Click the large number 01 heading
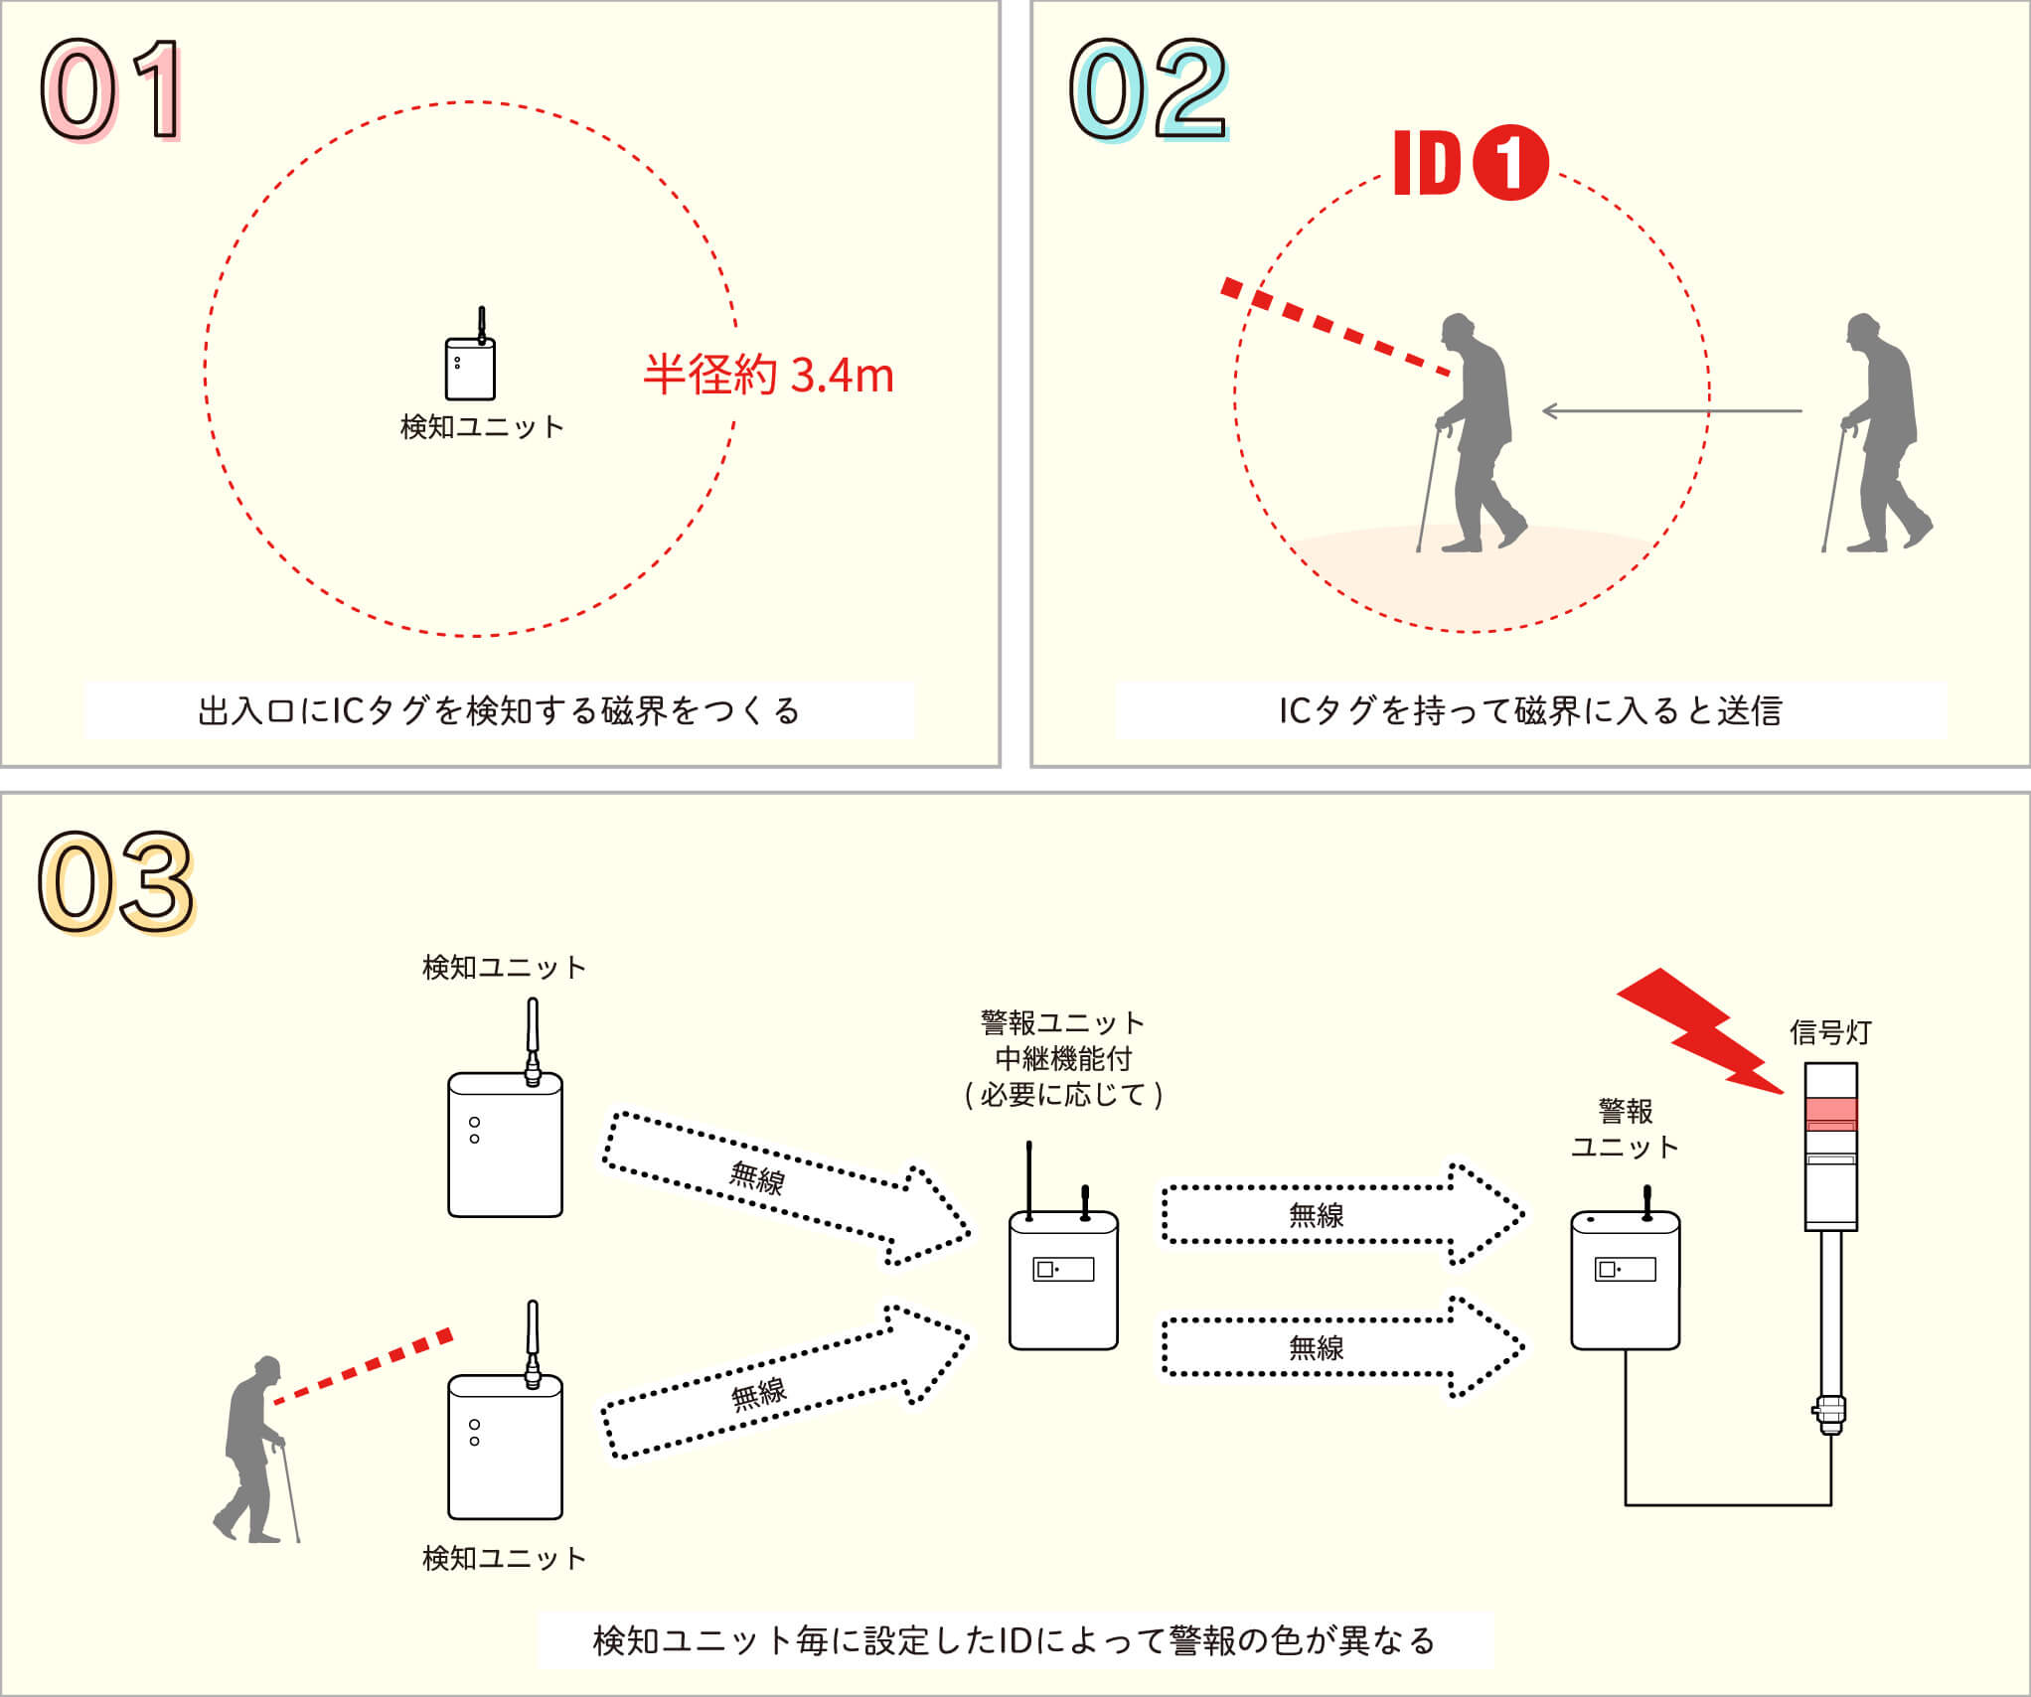[x=111, y=89]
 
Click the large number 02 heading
[x=1149, y=89]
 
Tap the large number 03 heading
[x=116, y=882]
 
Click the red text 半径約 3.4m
[x=768, y=376]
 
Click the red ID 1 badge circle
[x=1509, y=163]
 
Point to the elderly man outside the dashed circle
[x=1878, y=434]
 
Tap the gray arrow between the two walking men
[x=1671, y=410]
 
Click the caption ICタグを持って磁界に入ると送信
[x=1530, y=711]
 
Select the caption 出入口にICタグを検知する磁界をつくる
[x=499, y=711]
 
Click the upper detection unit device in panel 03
[x=505, y=1143]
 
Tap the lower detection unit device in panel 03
[x=505, y=1446]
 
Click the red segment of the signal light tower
[x=1830, y=1113]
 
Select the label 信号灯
[x=1830, y=1033]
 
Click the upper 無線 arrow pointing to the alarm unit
[x=1341, y=1215]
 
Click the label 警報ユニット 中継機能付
[x=1063, y=1040]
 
